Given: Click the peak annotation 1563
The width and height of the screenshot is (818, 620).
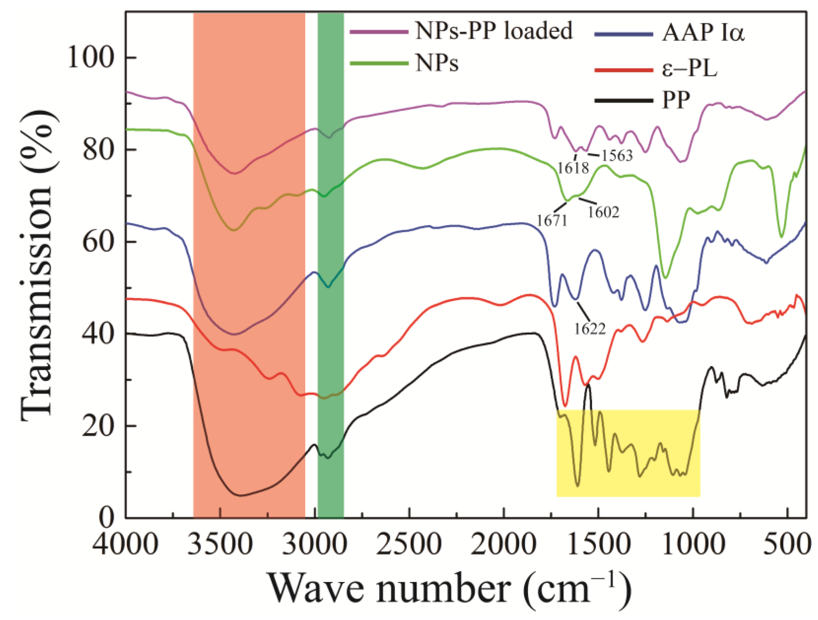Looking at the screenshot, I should [617, 156].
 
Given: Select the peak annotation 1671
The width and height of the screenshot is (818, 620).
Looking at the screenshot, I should [552, 221].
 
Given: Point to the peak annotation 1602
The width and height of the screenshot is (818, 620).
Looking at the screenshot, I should [604, 212].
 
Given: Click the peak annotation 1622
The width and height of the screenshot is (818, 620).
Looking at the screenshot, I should [590, 328].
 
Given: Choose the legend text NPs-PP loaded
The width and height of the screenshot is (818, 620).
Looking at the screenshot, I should [494, 31].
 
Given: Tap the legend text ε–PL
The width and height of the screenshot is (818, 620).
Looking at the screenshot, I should [689, 69].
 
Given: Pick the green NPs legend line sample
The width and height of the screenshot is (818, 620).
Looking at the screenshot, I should [379, 64].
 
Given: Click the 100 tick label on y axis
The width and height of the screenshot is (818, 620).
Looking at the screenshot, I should [90, 58].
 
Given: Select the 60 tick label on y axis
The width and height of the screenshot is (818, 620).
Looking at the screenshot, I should [97, 242].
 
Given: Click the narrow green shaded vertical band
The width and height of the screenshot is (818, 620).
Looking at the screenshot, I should [331, 259].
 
